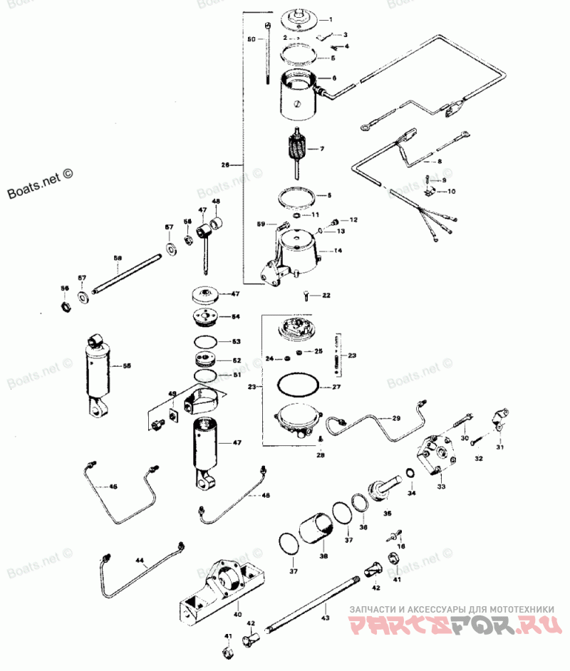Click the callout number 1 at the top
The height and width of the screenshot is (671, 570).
[331, 19]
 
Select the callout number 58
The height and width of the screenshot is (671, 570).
[118, 257]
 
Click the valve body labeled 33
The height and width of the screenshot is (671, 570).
[437, 456]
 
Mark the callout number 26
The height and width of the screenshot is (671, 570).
[225, 165]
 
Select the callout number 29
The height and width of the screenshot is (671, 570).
[396, 418]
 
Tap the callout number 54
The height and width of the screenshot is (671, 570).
[237, 316]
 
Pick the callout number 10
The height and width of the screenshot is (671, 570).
[451, 192]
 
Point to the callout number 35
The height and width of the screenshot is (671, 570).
[387, 512]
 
